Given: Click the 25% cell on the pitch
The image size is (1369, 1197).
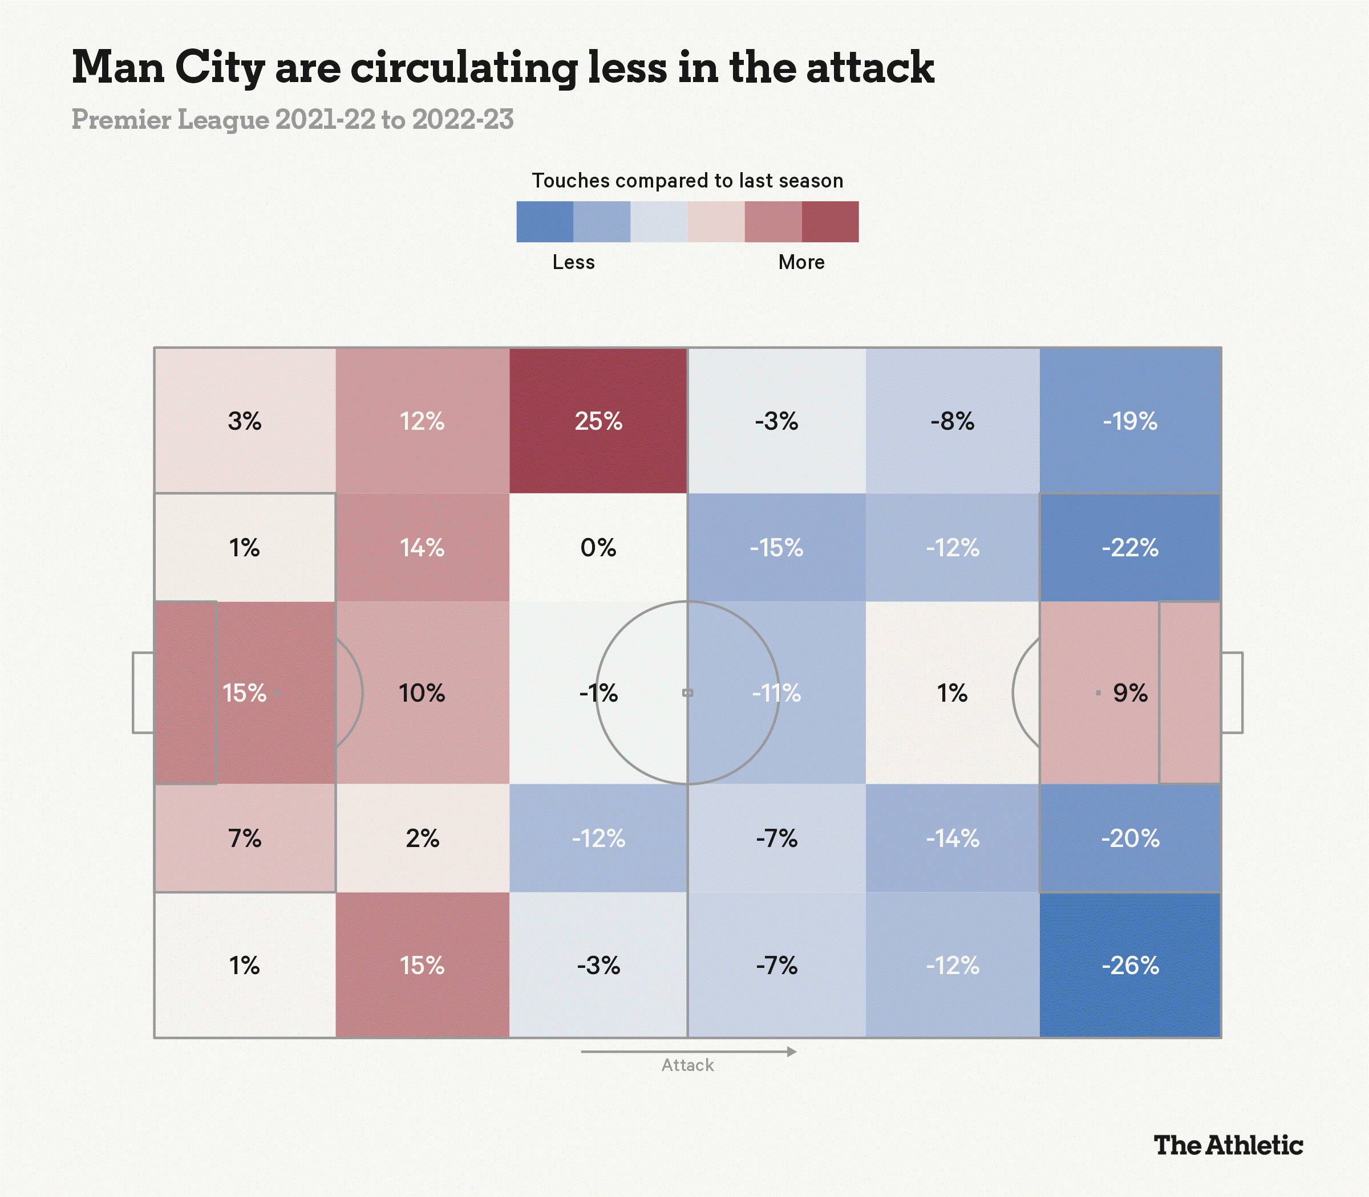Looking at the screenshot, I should (598, 421).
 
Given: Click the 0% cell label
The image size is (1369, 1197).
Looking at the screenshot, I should (598, 548).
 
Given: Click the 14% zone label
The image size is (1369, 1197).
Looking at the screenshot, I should (422, 548).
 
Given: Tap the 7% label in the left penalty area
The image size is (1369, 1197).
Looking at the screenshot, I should (245, 838).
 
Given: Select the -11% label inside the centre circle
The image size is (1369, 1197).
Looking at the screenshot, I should (776, 693).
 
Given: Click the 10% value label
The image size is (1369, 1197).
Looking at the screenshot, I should (422, 693).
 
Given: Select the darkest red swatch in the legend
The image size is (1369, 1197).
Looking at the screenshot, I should (829, 222).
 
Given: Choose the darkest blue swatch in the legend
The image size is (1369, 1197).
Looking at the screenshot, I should (545, 222).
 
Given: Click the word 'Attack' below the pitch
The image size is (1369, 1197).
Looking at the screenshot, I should (687, 1065).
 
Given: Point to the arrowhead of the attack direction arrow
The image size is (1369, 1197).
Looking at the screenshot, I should (792, 1052).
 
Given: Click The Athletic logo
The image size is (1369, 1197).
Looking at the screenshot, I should (1228, 1146).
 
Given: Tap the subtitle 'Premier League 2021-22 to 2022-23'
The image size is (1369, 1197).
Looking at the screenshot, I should (292, 120).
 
